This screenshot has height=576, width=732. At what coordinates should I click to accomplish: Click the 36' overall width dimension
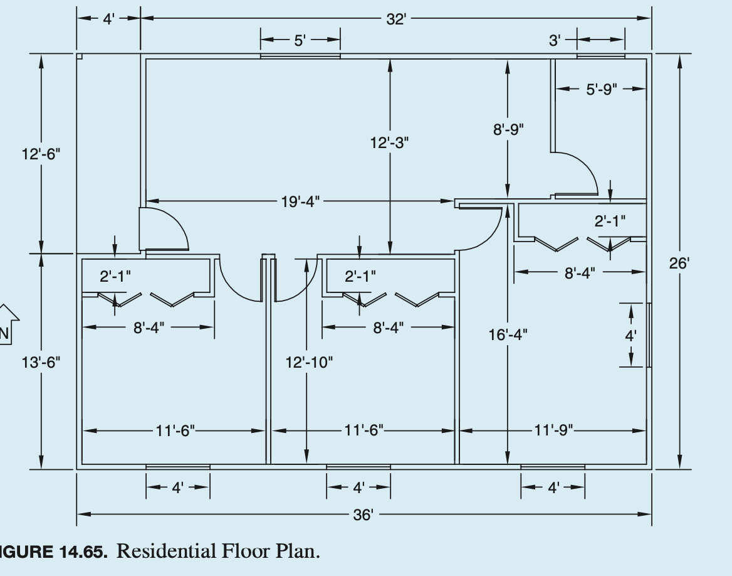click(363, 515)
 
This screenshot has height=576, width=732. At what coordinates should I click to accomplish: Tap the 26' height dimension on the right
click(679, 263)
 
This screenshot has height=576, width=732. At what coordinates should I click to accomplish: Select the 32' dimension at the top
click(395, 19)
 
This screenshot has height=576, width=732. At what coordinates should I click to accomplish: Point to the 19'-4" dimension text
click(300, 201)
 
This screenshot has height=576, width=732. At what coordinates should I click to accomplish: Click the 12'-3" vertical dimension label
click(389, 143)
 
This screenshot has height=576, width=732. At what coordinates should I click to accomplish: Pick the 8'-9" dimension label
click(508, 129)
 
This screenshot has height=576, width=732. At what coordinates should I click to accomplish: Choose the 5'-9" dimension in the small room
click(602, 89)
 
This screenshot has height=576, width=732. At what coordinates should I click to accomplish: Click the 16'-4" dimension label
click(508, 334)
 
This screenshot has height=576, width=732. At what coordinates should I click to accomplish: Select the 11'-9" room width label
click(553, 430)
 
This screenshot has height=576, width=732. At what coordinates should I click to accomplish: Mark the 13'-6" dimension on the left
click(41, 362)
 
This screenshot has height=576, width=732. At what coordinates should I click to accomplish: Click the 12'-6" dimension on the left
click(41, 154)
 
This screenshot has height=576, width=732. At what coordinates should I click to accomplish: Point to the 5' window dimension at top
click(300, 41)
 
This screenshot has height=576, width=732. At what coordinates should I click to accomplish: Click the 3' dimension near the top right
click(555, 41)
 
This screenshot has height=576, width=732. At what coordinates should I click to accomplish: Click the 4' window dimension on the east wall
click(630, 335)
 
